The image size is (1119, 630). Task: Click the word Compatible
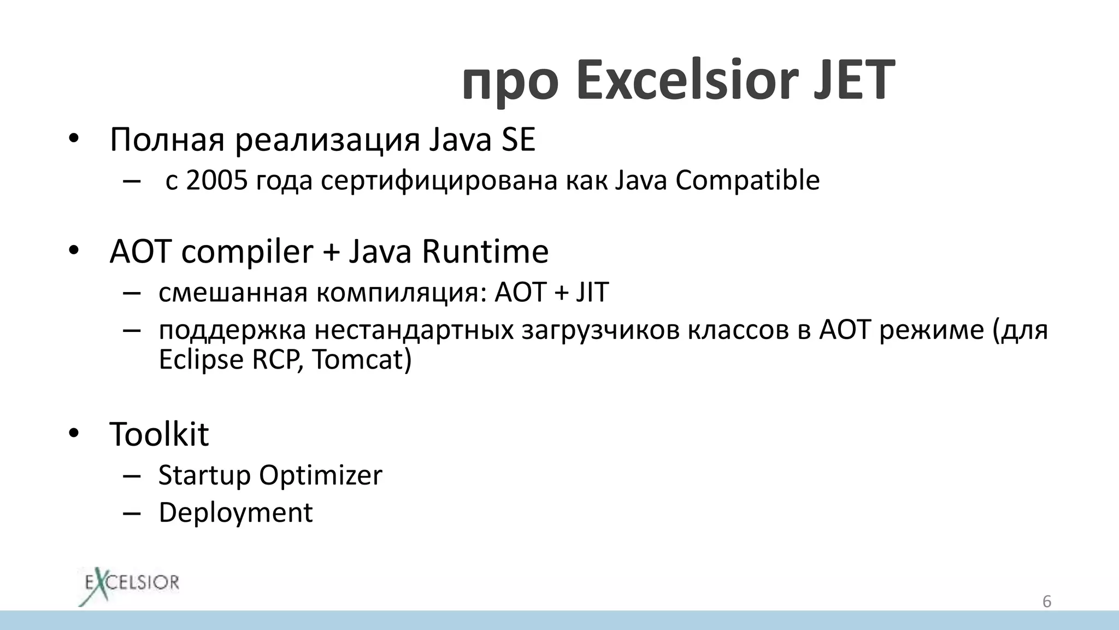pos(747,180)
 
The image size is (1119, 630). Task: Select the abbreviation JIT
pos(592,292)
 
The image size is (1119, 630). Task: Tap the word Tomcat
pos(361,360)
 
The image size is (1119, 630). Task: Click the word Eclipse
pos(201,360)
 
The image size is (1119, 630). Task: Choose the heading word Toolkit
pos(159,434)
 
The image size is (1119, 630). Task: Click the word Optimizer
pos(320,475)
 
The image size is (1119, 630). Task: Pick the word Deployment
pos(235,513)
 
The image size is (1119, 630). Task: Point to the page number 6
pos(1046,602)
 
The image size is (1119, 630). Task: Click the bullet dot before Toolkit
pos(74,434)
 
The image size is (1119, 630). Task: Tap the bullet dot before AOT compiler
pos(74,251)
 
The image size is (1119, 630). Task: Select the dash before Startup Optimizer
pos(132,475)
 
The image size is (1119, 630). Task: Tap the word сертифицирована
pos(439,180)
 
